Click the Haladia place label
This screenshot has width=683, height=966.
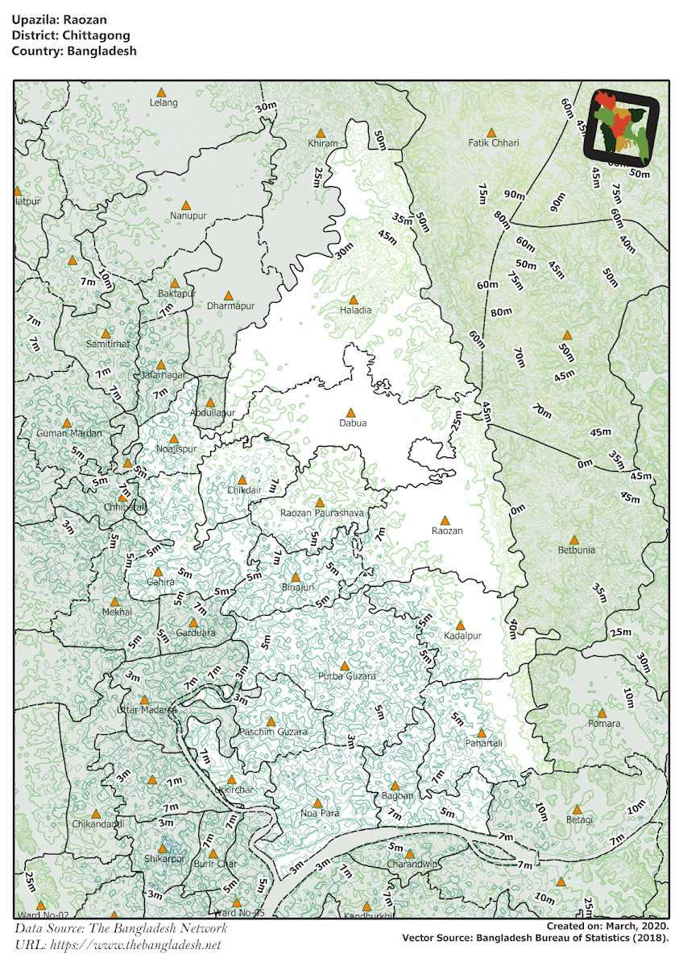tap(356, 311)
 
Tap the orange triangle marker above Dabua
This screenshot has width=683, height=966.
tap(350, 412)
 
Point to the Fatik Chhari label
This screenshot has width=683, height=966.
tap(494, 143)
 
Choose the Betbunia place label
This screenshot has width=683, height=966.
tap(577, 551)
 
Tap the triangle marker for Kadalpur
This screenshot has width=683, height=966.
tap(461, 625)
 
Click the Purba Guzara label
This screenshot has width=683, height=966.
tap(346, 677)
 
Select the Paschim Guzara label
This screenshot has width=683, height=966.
tap(274, 733)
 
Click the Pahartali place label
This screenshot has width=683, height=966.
tap(484, 744)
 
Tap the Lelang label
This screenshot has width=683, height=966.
tap(164, 103)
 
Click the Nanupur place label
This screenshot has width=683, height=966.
tap(187, 216)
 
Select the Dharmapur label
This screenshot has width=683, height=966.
tap(230, 307)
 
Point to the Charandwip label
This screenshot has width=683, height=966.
tap(412, 865)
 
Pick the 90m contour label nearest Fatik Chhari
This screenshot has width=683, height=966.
tap(514, 196)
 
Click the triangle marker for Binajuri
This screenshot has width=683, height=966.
tap(296, 577)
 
